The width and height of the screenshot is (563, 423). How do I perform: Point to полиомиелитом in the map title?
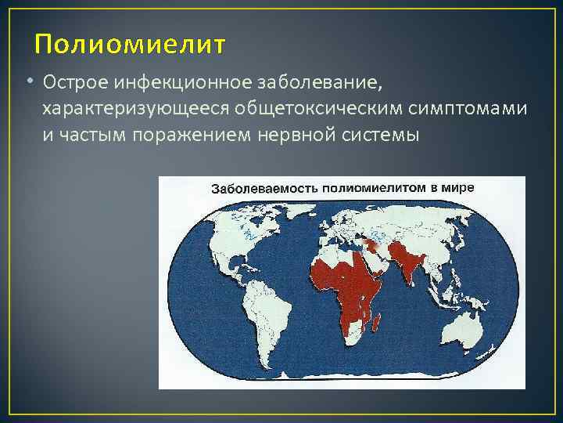click(361, 189)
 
